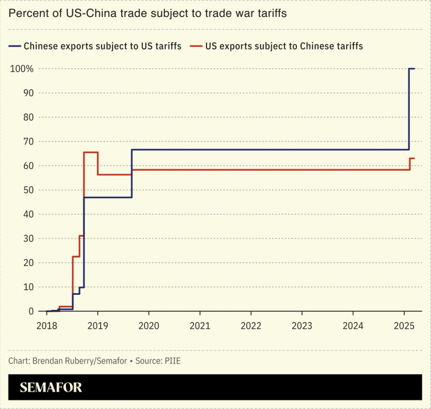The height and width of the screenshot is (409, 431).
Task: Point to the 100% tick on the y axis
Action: point(21,69)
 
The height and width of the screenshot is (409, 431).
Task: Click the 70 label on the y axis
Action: point(27,142)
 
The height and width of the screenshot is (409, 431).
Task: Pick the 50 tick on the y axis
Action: point(27,190)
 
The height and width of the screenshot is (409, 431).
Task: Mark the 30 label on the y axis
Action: point(27,238)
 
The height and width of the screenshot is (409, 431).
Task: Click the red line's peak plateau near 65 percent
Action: point(90,153)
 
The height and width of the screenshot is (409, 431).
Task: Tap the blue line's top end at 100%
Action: point(412,69)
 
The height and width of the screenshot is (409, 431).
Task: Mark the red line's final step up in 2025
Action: point(412,158)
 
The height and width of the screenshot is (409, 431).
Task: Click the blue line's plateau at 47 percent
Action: point(108,198)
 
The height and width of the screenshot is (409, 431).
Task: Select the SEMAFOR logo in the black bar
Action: point(51,387)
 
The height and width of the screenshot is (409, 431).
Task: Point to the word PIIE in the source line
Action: point(172,361)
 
